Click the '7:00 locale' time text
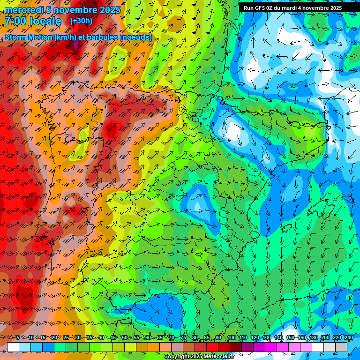[33, 21]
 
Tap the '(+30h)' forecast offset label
[81, 21]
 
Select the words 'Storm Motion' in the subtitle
[28, 37]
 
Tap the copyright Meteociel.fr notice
[199, 357]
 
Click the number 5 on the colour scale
[18, 337]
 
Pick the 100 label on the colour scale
[231, 337]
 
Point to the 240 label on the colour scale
[349, 337]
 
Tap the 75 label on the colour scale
[183, 337]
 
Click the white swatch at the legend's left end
[13, 347]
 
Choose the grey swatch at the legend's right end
[341, 347]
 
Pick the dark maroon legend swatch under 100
[236, 347]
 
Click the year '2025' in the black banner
[334, 8]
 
